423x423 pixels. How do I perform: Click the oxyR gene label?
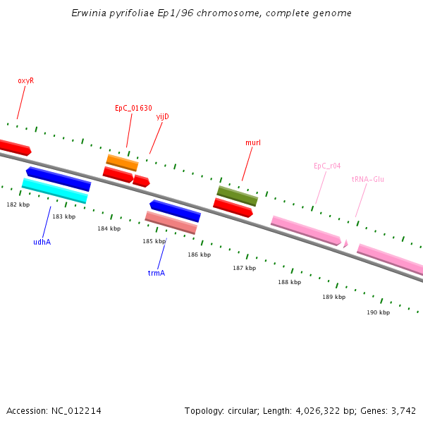pyautogui.click(x=25, y=80)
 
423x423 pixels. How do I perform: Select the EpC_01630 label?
pyautogui.click(x=133, y=108)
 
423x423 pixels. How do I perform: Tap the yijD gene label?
pyautogui.click(x=162, y=116)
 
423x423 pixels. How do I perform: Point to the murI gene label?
pyautogui.click(x=253, y=142)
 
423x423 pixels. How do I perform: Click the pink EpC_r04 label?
pyautogui.click(x=327, y=166)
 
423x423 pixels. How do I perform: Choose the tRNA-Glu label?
pyautogui.click(x=367, y=179)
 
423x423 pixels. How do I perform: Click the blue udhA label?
pyautogui.click(x=42, y=242)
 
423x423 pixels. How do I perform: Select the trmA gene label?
pyautogui.click(x=156, y=272)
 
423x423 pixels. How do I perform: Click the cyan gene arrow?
pyautogui.click(x=54, y=190)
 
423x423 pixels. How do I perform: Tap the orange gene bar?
pyautogui.click(x=122, y=163)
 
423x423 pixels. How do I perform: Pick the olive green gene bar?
pyautogui.click(x=237, y=196)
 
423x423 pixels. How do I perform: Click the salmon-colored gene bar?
pyautogui.click(x=171, y=222)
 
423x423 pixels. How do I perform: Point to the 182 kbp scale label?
pyautogui.click(x=18, y=204)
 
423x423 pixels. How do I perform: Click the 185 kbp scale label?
pyautogui.click(x=154, y=241)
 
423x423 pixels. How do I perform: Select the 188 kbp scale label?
pyautogui.click(x=289, y=282)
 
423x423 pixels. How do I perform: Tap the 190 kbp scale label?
pyautogui.click(x=378, y=312)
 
